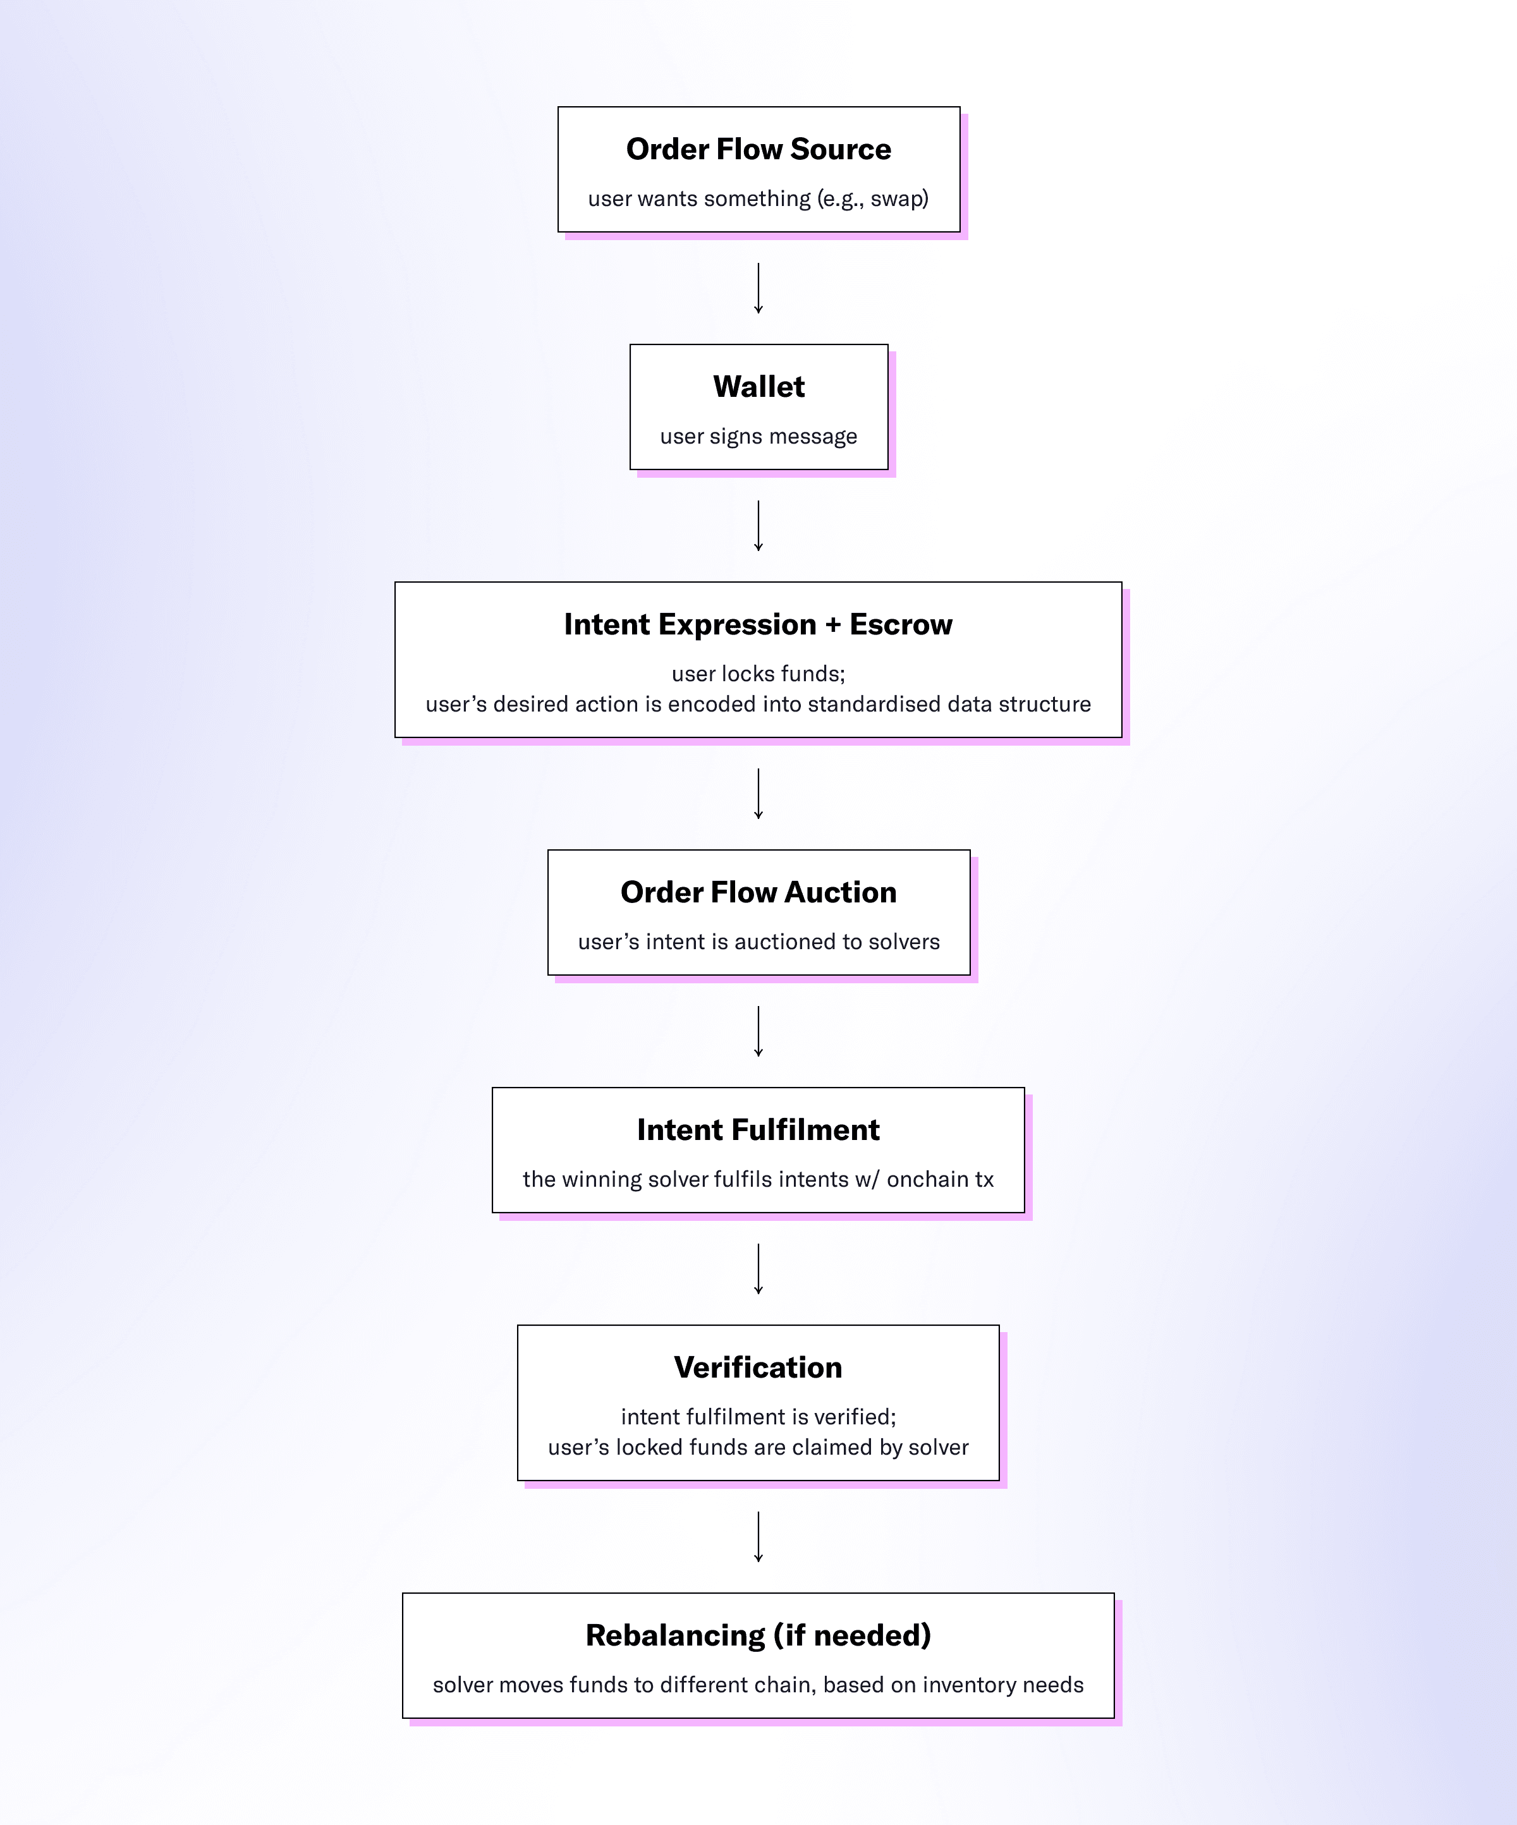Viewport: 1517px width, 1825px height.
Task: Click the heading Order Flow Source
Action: (x=758, y=150)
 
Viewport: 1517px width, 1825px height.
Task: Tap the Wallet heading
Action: (x=758, y=387)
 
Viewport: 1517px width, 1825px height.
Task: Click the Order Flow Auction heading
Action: (x=758, y=892)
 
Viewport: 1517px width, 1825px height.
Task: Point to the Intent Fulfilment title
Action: (x=758, y=1130)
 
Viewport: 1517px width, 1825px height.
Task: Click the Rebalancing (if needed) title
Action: (x=758, y=1635)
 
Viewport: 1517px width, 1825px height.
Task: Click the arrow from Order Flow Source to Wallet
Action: (x=758, y=289)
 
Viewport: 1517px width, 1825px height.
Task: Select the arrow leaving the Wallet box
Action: (x=758, y=526)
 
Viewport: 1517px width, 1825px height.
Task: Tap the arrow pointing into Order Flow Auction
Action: (x=758, y=794)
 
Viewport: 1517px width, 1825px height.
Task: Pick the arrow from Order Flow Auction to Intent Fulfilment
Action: (x=758, y=1031)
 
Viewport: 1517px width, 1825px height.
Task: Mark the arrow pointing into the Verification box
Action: (x=758, y=1269)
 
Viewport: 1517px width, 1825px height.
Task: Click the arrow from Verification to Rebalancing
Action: (x=758, y=1536)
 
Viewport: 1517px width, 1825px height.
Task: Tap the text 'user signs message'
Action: (x=758, y=436)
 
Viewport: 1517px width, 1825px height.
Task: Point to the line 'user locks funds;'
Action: (x=758, y=674)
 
